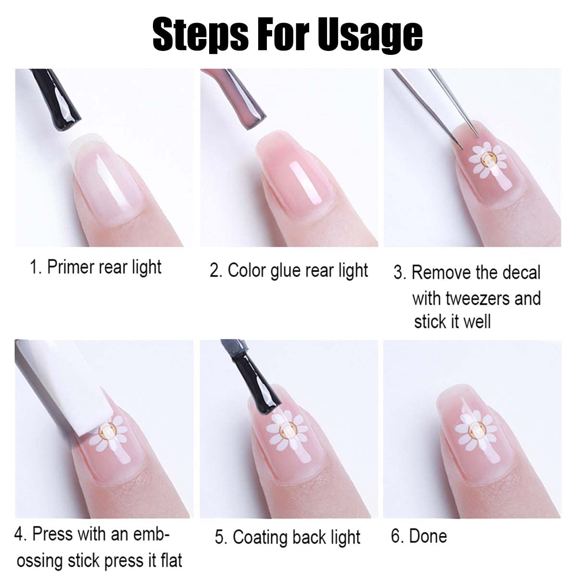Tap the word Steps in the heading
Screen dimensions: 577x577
(201, 34)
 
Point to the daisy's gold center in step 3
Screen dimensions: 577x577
(489, 159)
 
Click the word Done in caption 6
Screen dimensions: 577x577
(428, 536)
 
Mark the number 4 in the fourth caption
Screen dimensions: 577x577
(19, 535)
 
